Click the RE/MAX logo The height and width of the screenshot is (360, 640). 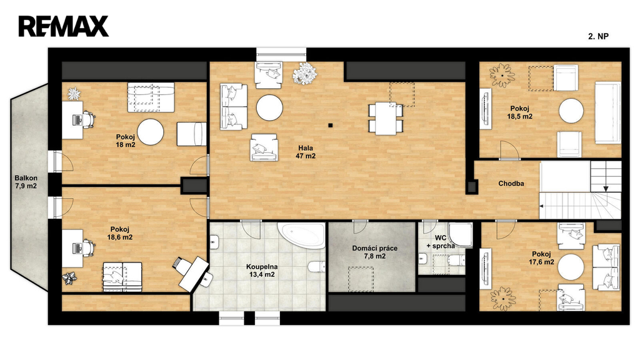(64, 26)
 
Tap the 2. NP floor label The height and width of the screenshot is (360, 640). (598, 36)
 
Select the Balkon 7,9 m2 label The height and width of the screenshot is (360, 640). (26, 182)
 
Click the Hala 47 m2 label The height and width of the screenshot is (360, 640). (306, 152)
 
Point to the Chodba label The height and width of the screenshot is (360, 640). (511, 184)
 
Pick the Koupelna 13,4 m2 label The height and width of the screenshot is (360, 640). (262, 271)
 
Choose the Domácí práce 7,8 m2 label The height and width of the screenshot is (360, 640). (375, 252)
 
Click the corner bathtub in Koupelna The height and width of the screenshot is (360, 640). (302, 235)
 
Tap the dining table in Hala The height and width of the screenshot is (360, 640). (386, 119)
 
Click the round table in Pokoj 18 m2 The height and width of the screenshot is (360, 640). (150, 132)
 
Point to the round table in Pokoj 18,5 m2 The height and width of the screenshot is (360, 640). (571, 111)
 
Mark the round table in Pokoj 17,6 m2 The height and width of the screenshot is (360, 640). (571, 266)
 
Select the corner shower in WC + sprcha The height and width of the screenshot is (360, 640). (460, 235)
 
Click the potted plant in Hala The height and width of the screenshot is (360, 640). (305, 74)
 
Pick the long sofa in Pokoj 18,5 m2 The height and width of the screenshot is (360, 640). (607, 111)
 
